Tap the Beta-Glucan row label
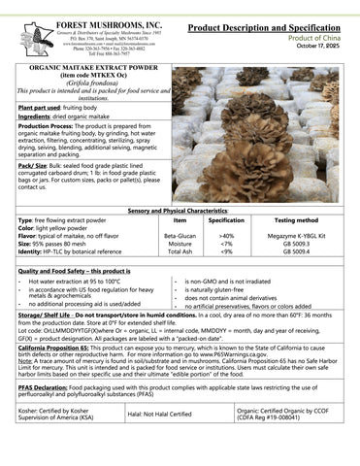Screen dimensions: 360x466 tap(180, 236)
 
